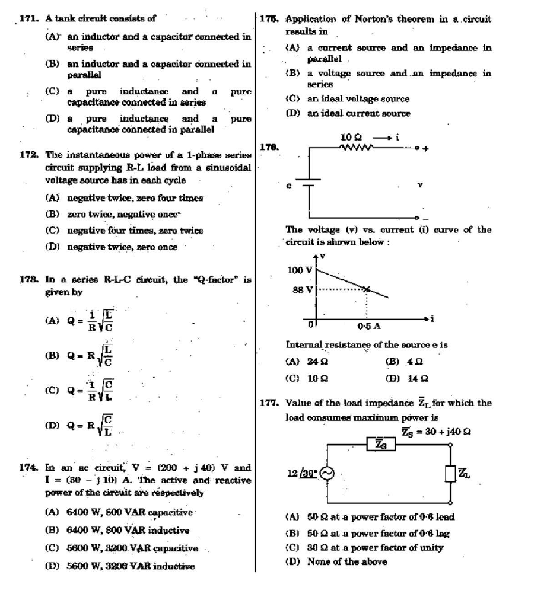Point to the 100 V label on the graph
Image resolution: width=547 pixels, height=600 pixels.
[x=300, y=270]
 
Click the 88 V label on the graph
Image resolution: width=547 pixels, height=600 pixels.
[x=303, y=290]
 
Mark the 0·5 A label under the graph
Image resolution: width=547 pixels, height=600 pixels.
[x=369, y=325]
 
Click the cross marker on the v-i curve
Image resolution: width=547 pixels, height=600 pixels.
[x=366, y=289]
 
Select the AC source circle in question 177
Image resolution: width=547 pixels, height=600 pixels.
[x=327, y=473]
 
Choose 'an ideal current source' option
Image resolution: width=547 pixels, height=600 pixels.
[x=358, y=113]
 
